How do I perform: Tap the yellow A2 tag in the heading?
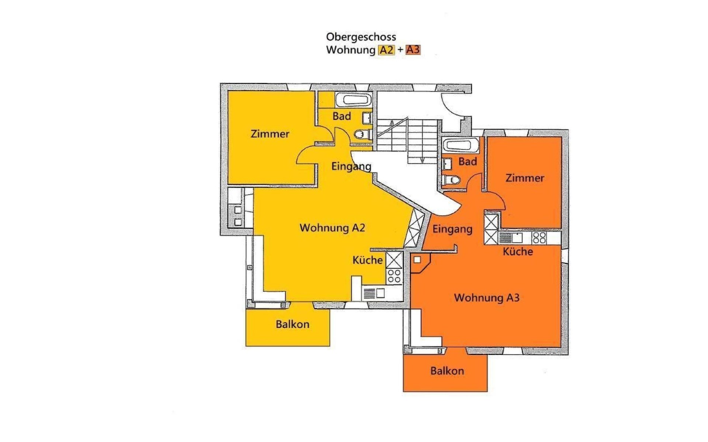pos(386,50)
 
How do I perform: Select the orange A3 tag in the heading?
pos(413,50)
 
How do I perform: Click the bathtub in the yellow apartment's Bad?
pos(353,99)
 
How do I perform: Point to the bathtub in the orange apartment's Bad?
pos(461,145)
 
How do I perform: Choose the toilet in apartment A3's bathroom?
pos(451,180)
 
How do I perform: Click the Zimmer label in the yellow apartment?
pos(270,134)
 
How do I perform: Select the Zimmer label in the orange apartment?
pos(525,178)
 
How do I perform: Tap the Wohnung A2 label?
pos(332,228)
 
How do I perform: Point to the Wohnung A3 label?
pos(487,298)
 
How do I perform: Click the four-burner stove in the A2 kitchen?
pos(394,276)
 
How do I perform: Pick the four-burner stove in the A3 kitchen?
pos(539,238)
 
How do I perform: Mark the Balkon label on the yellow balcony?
pos(292,325)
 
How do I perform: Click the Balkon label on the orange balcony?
pos(447,371)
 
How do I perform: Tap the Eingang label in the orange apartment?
pos(452,229)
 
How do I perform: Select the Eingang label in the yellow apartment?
pos(351,166)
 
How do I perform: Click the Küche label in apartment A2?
pos(368,260)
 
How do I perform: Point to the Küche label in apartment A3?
pos(518,252)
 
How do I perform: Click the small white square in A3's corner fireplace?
pos(417,260)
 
